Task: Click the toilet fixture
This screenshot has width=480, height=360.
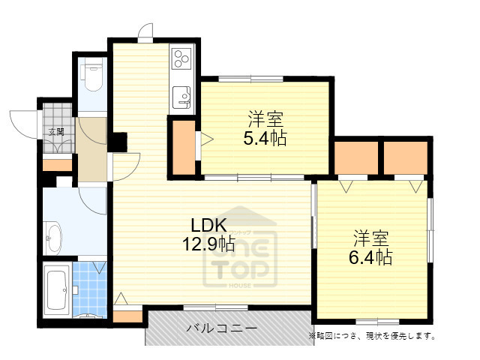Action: [94, 76]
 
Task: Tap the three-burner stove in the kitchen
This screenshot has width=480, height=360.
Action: [182, 58]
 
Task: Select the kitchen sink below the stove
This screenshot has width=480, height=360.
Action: [182, 97]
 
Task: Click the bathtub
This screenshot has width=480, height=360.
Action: [57, 289]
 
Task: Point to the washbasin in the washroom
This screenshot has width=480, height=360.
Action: [53, 236]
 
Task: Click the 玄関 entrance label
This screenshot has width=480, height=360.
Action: [56, 131]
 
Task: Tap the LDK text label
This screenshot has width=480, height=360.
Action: [207, 225]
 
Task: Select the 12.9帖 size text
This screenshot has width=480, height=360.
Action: [207, 244]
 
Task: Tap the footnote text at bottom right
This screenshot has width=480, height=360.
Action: [371, 335]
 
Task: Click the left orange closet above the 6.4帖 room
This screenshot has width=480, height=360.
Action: [356, 157]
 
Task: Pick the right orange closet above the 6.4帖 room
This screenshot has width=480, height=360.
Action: [406, 157]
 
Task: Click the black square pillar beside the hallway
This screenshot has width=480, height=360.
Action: [118, 140]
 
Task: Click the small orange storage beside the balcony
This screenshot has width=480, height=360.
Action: [127, 316]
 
